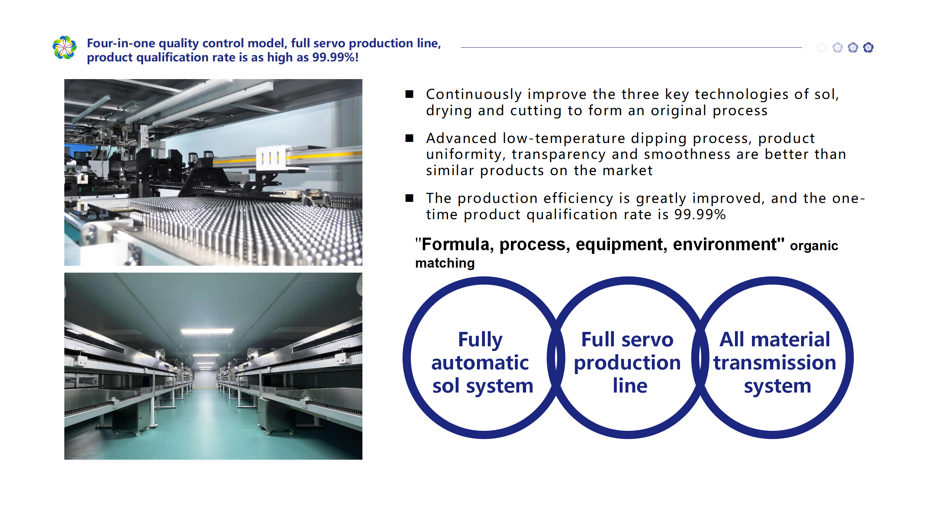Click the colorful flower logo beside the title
tap(64, 47)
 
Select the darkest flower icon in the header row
tap(868, 47)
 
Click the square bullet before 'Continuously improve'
tap(409, 94)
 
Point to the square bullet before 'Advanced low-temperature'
tap(409, 138)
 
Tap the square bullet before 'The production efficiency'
tap(409, 198)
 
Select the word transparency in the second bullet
tap(559, 155)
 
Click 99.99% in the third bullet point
tap(700, 214)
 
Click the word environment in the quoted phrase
tap(724, 244)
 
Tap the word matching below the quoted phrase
tap(445, 263)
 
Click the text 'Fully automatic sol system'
tap(482, 363)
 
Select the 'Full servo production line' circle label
tap(628, 362)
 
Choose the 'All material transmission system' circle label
tap(775, 363)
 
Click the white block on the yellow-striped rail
tap(271, 157)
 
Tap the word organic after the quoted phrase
tap(814, 246)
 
